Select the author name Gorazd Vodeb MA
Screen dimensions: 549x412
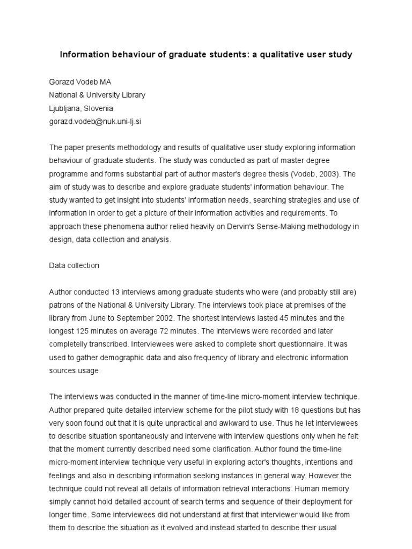(80, 81)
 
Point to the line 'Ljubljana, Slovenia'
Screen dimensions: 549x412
(81, 108)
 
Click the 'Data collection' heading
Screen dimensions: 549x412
(74, 265)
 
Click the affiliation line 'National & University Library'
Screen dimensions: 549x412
(97, 95)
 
